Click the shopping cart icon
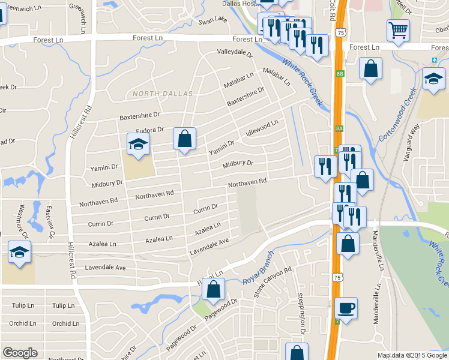tap(398, 30)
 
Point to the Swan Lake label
tap(213, 21)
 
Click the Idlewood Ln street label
tap(259, 128)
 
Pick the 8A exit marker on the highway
tap(339, 128)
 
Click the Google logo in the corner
tap(20, 353)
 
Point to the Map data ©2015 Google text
tap(412, 355)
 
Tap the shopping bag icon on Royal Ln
tap(214, 289)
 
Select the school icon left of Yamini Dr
tap(137, 145)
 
